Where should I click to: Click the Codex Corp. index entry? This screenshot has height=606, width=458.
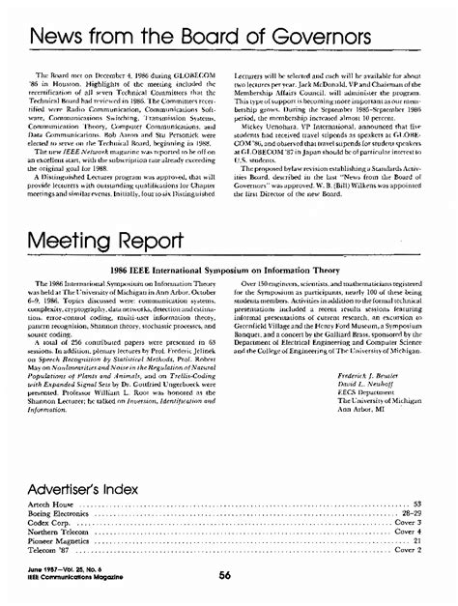click(x=46, y=523)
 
